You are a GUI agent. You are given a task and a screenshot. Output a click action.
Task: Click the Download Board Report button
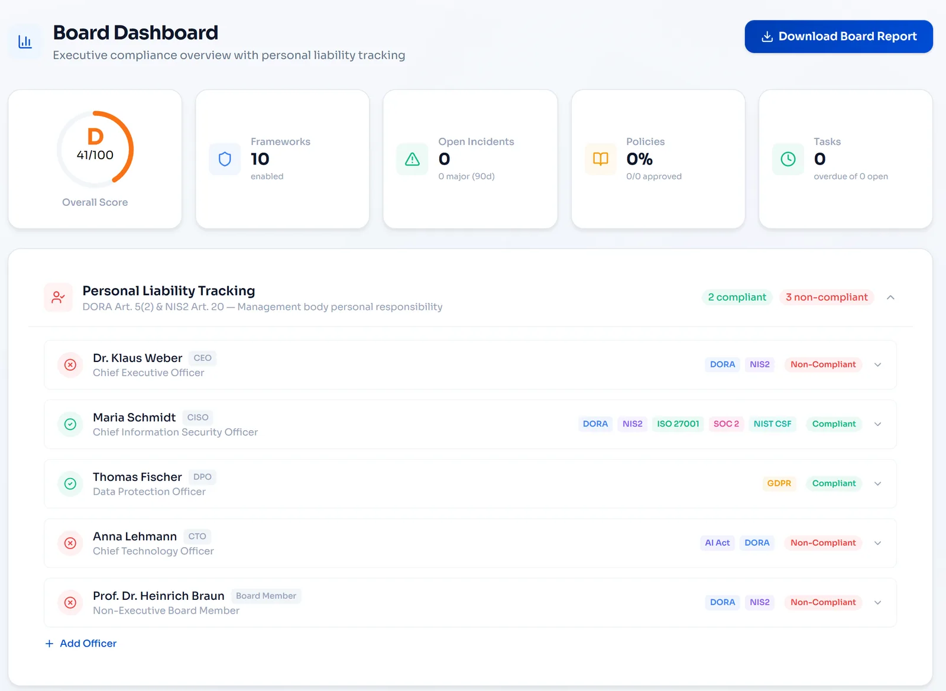coord(839,36)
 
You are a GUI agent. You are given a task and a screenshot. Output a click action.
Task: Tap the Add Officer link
coord(80,643)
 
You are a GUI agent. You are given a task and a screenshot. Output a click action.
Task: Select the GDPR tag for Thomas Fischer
coord(779,483)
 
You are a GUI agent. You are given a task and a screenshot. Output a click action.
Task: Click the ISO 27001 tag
coord(678,424)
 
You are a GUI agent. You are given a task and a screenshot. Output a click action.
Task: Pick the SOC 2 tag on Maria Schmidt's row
coord(727,424)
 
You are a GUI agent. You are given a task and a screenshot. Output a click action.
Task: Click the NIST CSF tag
coord(772,424)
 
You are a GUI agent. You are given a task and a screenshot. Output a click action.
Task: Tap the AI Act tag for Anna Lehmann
coord(717,543)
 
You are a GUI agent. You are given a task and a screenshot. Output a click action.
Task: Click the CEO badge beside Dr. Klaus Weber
coord(202,358)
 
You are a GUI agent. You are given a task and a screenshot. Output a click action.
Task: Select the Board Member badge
coord(266,596)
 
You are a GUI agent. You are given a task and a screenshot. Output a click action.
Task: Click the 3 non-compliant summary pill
coord(827,297)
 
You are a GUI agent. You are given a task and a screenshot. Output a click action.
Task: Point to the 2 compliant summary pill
coord(737,297)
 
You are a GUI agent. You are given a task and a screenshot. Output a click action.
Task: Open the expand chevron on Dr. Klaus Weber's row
coord(877,365)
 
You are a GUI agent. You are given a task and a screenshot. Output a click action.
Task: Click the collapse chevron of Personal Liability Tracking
coord(890,298)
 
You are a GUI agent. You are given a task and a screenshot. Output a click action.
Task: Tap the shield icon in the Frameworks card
coord(225,159)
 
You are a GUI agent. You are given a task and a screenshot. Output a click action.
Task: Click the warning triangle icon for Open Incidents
coord(412,159)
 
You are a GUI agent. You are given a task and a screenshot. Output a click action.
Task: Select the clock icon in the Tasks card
coord(788,159)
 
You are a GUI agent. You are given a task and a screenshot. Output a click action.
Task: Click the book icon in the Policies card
coord(601,159)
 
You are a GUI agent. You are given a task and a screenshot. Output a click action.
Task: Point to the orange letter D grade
coord(95,136)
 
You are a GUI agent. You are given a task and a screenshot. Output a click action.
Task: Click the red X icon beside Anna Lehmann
coord(70,543)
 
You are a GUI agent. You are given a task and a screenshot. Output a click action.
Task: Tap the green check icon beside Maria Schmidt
coord(70,424)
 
